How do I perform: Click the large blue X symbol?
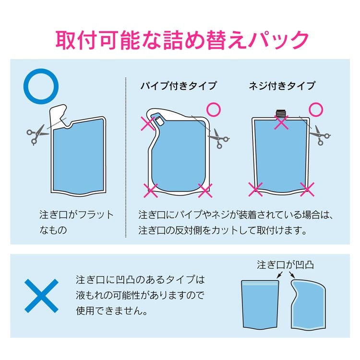(42, 296)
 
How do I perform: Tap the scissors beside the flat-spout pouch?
(37, 135)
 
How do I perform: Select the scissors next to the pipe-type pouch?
(218, 138)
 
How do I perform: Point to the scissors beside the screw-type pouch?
(320, 135)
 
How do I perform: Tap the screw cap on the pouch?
(281, 113)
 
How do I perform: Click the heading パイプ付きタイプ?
(179, 86)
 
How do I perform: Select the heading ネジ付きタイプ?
(282, 86)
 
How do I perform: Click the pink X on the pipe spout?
(148, 123)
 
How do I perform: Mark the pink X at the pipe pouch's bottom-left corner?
(151, 191)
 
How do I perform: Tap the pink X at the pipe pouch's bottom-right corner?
(205, 191)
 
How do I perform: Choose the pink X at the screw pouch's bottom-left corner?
(255, 190)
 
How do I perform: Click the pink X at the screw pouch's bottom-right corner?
(307, 190)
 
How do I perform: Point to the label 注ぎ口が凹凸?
(285, 264)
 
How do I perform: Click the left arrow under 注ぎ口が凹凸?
(279, 275)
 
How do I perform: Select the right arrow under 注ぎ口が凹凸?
(292, 275)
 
